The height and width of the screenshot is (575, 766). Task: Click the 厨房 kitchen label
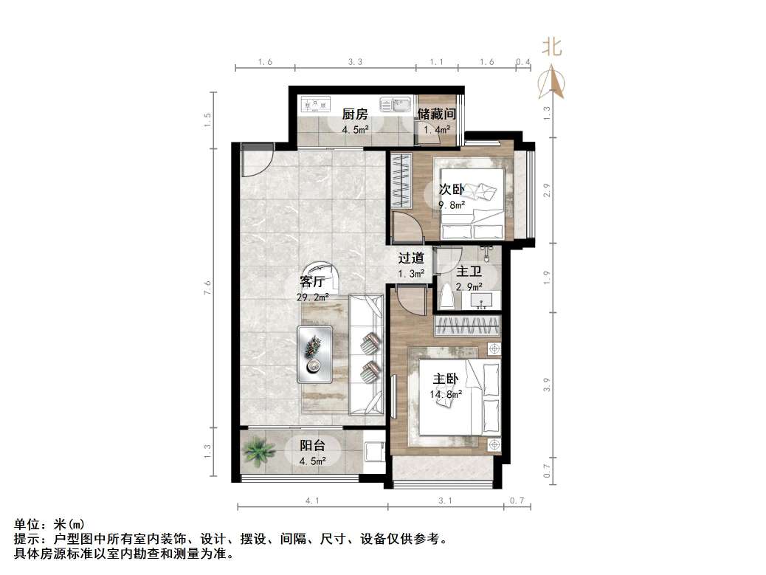pos(354,114)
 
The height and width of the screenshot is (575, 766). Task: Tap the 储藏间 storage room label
pos(436,114)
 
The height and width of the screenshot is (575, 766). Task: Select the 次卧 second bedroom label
pos(451,190)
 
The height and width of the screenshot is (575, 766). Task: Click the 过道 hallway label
pos(411,258)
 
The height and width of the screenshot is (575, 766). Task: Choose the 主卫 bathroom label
pos(469,272)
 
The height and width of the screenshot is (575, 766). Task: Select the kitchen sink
pos(395,106)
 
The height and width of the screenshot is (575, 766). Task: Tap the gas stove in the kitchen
pos(314,104)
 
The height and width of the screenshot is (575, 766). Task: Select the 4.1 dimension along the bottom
pos(311,501)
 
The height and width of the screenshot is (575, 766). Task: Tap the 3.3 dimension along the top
pos(356,63)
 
